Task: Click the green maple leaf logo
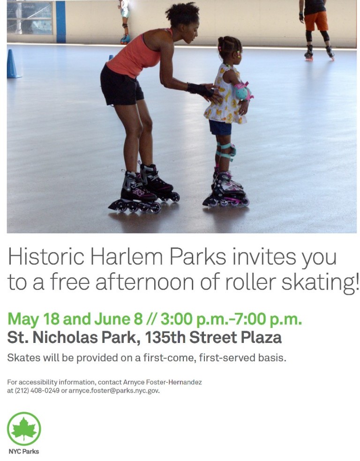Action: pos(24,429)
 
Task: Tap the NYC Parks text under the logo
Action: pos(24,451)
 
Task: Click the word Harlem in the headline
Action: pos(126,256)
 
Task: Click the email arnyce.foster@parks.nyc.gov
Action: pos(114,391)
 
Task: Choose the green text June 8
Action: pos(118,319)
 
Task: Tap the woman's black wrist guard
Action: pos(201,89)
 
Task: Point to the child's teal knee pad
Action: pos(225,150)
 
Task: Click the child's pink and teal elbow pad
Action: pos(243,91)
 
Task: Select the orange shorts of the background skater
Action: pos(316,21)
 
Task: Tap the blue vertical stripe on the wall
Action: pos(60,22)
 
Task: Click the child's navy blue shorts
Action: pos(220,127)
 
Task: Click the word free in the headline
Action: pos(70,282)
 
